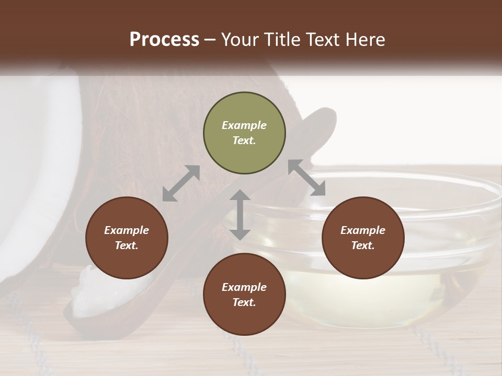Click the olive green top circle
[x=244, y=134]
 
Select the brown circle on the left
[x=127, y=238]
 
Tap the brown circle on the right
[x=363, y=238]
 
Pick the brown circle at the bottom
[x=244, y=295]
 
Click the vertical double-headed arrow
[x=240, y=215]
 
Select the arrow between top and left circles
[x=181, y=183]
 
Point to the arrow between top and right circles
[x=306, y=178]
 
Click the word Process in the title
[x=164, y=40]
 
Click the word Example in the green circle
[x=244, y=125]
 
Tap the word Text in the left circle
[x=127, y=245]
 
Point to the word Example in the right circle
[x=363, y=230]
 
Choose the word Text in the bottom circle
[x=244, y=302]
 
